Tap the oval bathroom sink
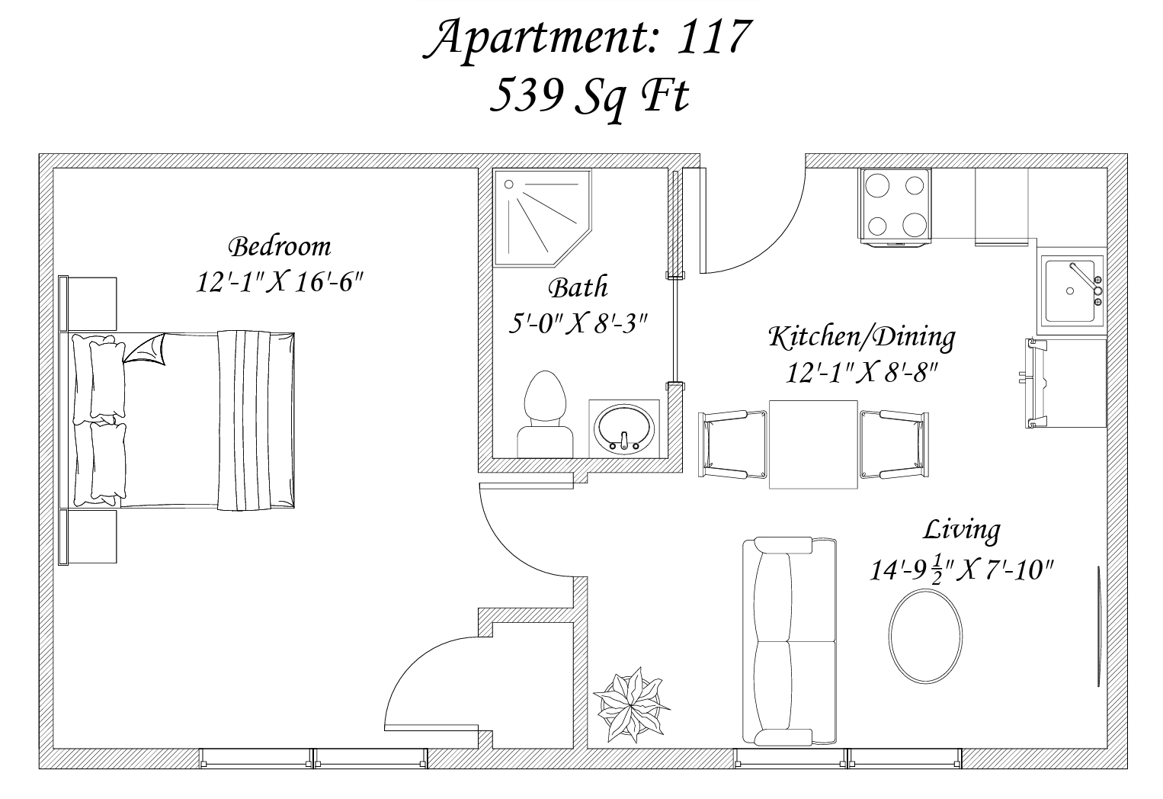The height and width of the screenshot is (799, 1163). coord(623,430)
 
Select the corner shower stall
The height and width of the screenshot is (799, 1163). coord(543,218)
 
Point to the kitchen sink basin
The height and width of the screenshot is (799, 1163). coord(1070,291)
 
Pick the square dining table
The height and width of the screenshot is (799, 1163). coord(813,444)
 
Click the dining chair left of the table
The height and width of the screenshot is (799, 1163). coord(732,444)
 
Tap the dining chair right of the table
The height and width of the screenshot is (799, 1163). coord(894,444)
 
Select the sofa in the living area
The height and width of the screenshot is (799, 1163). coord(790,641)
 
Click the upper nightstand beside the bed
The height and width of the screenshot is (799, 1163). coord(88,303)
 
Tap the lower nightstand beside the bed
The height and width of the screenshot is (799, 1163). coord(88,537)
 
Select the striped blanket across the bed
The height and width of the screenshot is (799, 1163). coord(244,420)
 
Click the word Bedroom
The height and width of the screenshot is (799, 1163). coord(280,247)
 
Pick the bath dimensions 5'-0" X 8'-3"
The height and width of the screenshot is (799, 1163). coord(578,324)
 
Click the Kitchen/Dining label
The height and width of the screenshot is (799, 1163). coord(862,337)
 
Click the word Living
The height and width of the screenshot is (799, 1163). coord(962,531)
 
